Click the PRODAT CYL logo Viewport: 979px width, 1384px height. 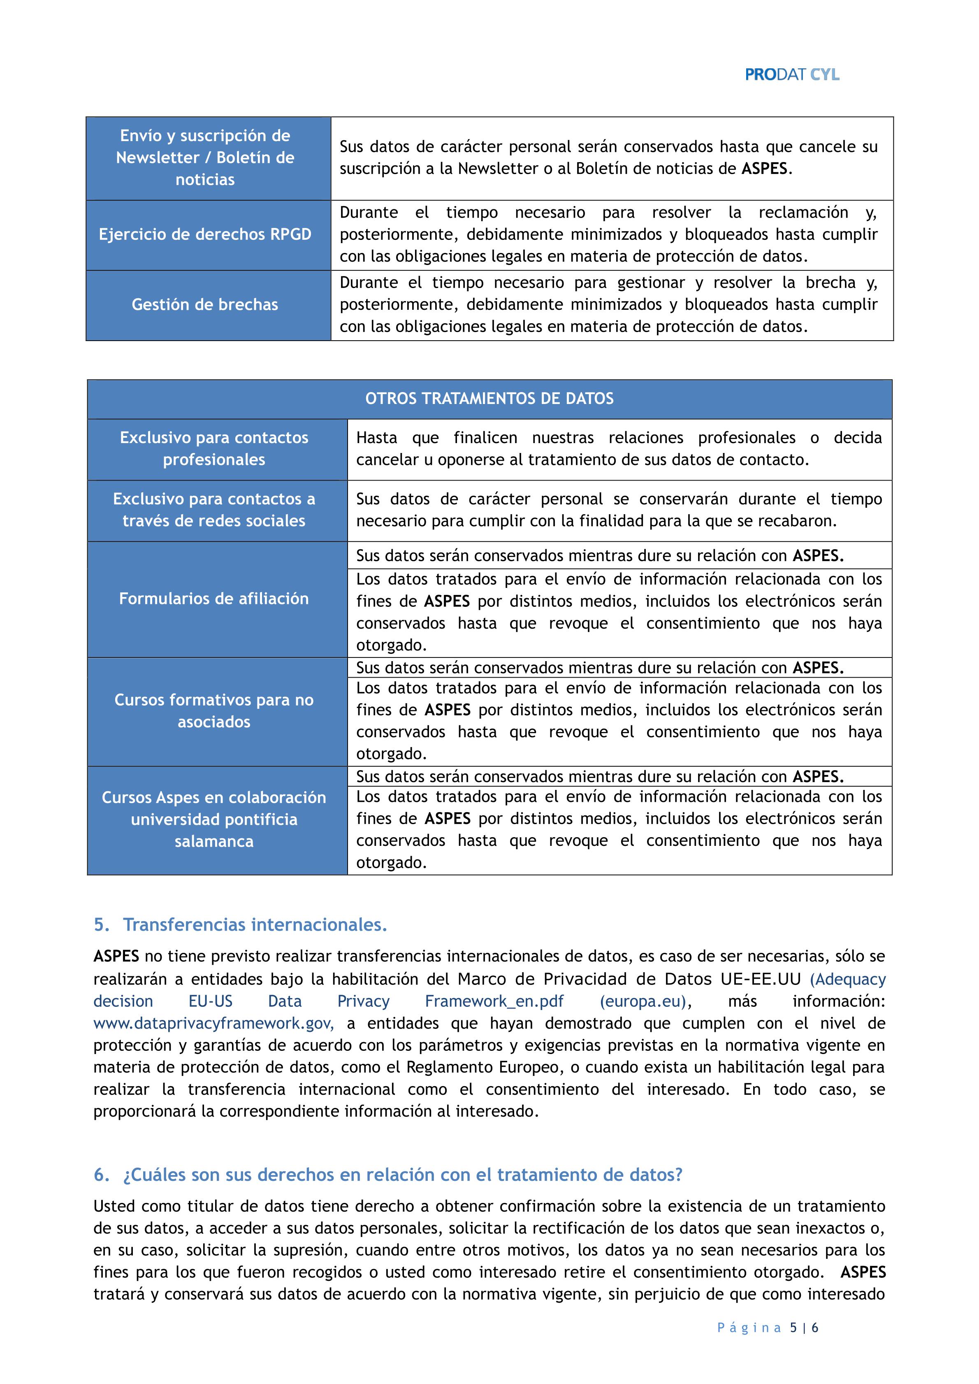pyautogui.click(x=791, y=75)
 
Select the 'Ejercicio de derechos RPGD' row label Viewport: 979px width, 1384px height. pyautogui.click(x=205, y=235)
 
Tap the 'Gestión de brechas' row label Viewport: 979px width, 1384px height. pyautogui.click(x=205, y=305)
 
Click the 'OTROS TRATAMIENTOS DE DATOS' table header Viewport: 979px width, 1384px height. pyautogui.click(x=489, y=398)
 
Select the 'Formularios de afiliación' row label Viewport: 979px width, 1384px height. pyautogui.click(x=214, y=599)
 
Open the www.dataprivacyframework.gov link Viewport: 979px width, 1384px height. pyautogui.click(x=213, y=1024)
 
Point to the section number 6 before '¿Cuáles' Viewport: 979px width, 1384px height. pyautogui.click(x=101, y=1175)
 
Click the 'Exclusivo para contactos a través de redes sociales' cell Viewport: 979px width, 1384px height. pyautogui.click(x=214, y=510)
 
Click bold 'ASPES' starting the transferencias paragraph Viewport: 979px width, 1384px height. pyautogui.click(x=116, y=957)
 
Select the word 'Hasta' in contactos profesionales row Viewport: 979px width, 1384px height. pyautogui.click(x=377, y=438)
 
